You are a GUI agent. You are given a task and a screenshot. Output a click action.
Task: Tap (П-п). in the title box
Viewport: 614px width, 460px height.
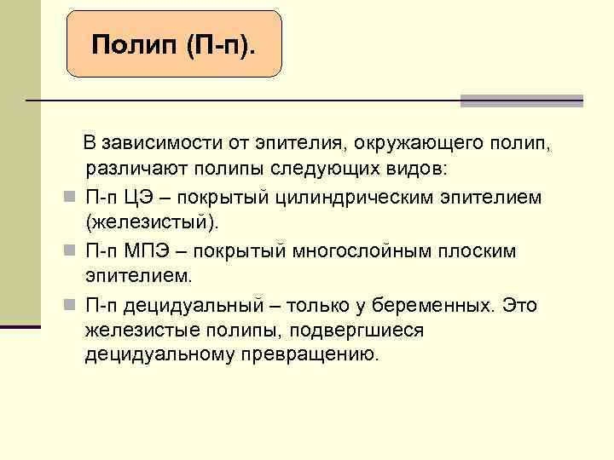[x=218, y=45]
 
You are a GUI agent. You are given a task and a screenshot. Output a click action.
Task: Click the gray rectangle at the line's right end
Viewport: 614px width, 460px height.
[x=521, y=101]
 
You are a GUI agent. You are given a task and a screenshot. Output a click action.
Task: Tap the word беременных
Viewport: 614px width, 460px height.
[x=434, y=305]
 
